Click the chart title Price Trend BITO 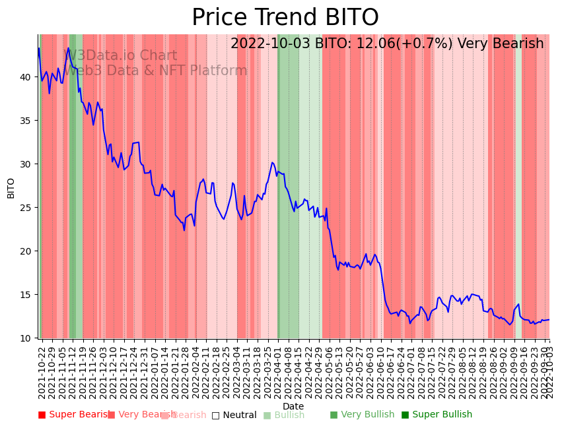tap(285, 18)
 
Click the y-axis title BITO tap(11, 188)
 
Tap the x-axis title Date tap(293, 406)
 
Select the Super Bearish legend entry tap(74, 415)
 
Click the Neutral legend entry tap(234, 415)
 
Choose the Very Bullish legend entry tap(362, 415)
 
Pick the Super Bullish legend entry tap(437, 415)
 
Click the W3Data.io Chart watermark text tap(120, 56)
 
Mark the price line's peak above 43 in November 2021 tap(68, 47)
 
